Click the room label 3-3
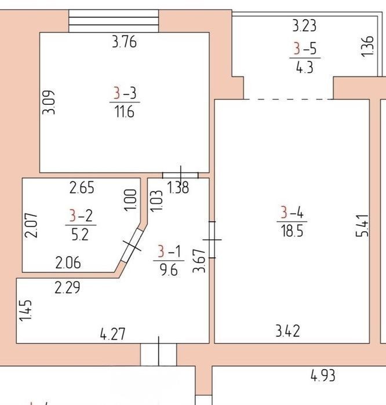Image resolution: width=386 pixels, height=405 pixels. coord(125,93)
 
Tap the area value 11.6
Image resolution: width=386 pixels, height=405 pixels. coord(124,112)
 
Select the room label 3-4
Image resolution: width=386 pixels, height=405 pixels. coord(292,212)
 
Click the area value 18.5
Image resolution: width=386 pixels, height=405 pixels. coord(292,231)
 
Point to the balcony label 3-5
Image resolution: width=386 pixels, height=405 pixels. coord(305,49)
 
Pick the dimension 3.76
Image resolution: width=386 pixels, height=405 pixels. coord(124,42)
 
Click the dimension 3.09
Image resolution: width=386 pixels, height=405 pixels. coord(49,103)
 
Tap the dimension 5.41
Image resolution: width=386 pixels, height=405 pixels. coord(362,225)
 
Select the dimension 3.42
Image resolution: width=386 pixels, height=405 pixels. coord(287,331)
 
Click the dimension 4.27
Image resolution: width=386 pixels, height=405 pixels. coord(112,334)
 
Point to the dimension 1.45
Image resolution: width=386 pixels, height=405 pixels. coord(26,311)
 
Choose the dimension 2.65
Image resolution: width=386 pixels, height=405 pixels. coord(82,188)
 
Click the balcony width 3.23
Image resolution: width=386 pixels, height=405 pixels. coord(304,26)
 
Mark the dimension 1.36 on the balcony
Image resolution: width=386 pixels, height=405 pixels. coord(367,46)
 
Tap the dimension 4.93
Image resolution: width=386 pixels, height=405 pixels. coord(323,375)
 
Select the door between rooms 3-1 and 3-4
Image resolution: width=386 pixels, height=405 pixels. coord(212,240)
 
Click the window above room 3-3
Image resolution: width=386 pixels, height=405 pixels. coord(114,21)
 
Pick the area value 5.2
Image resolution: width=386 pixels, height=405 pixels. coord(80,235)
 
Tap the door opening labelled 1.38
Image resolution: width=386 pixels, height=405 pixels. coord(180,176)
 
